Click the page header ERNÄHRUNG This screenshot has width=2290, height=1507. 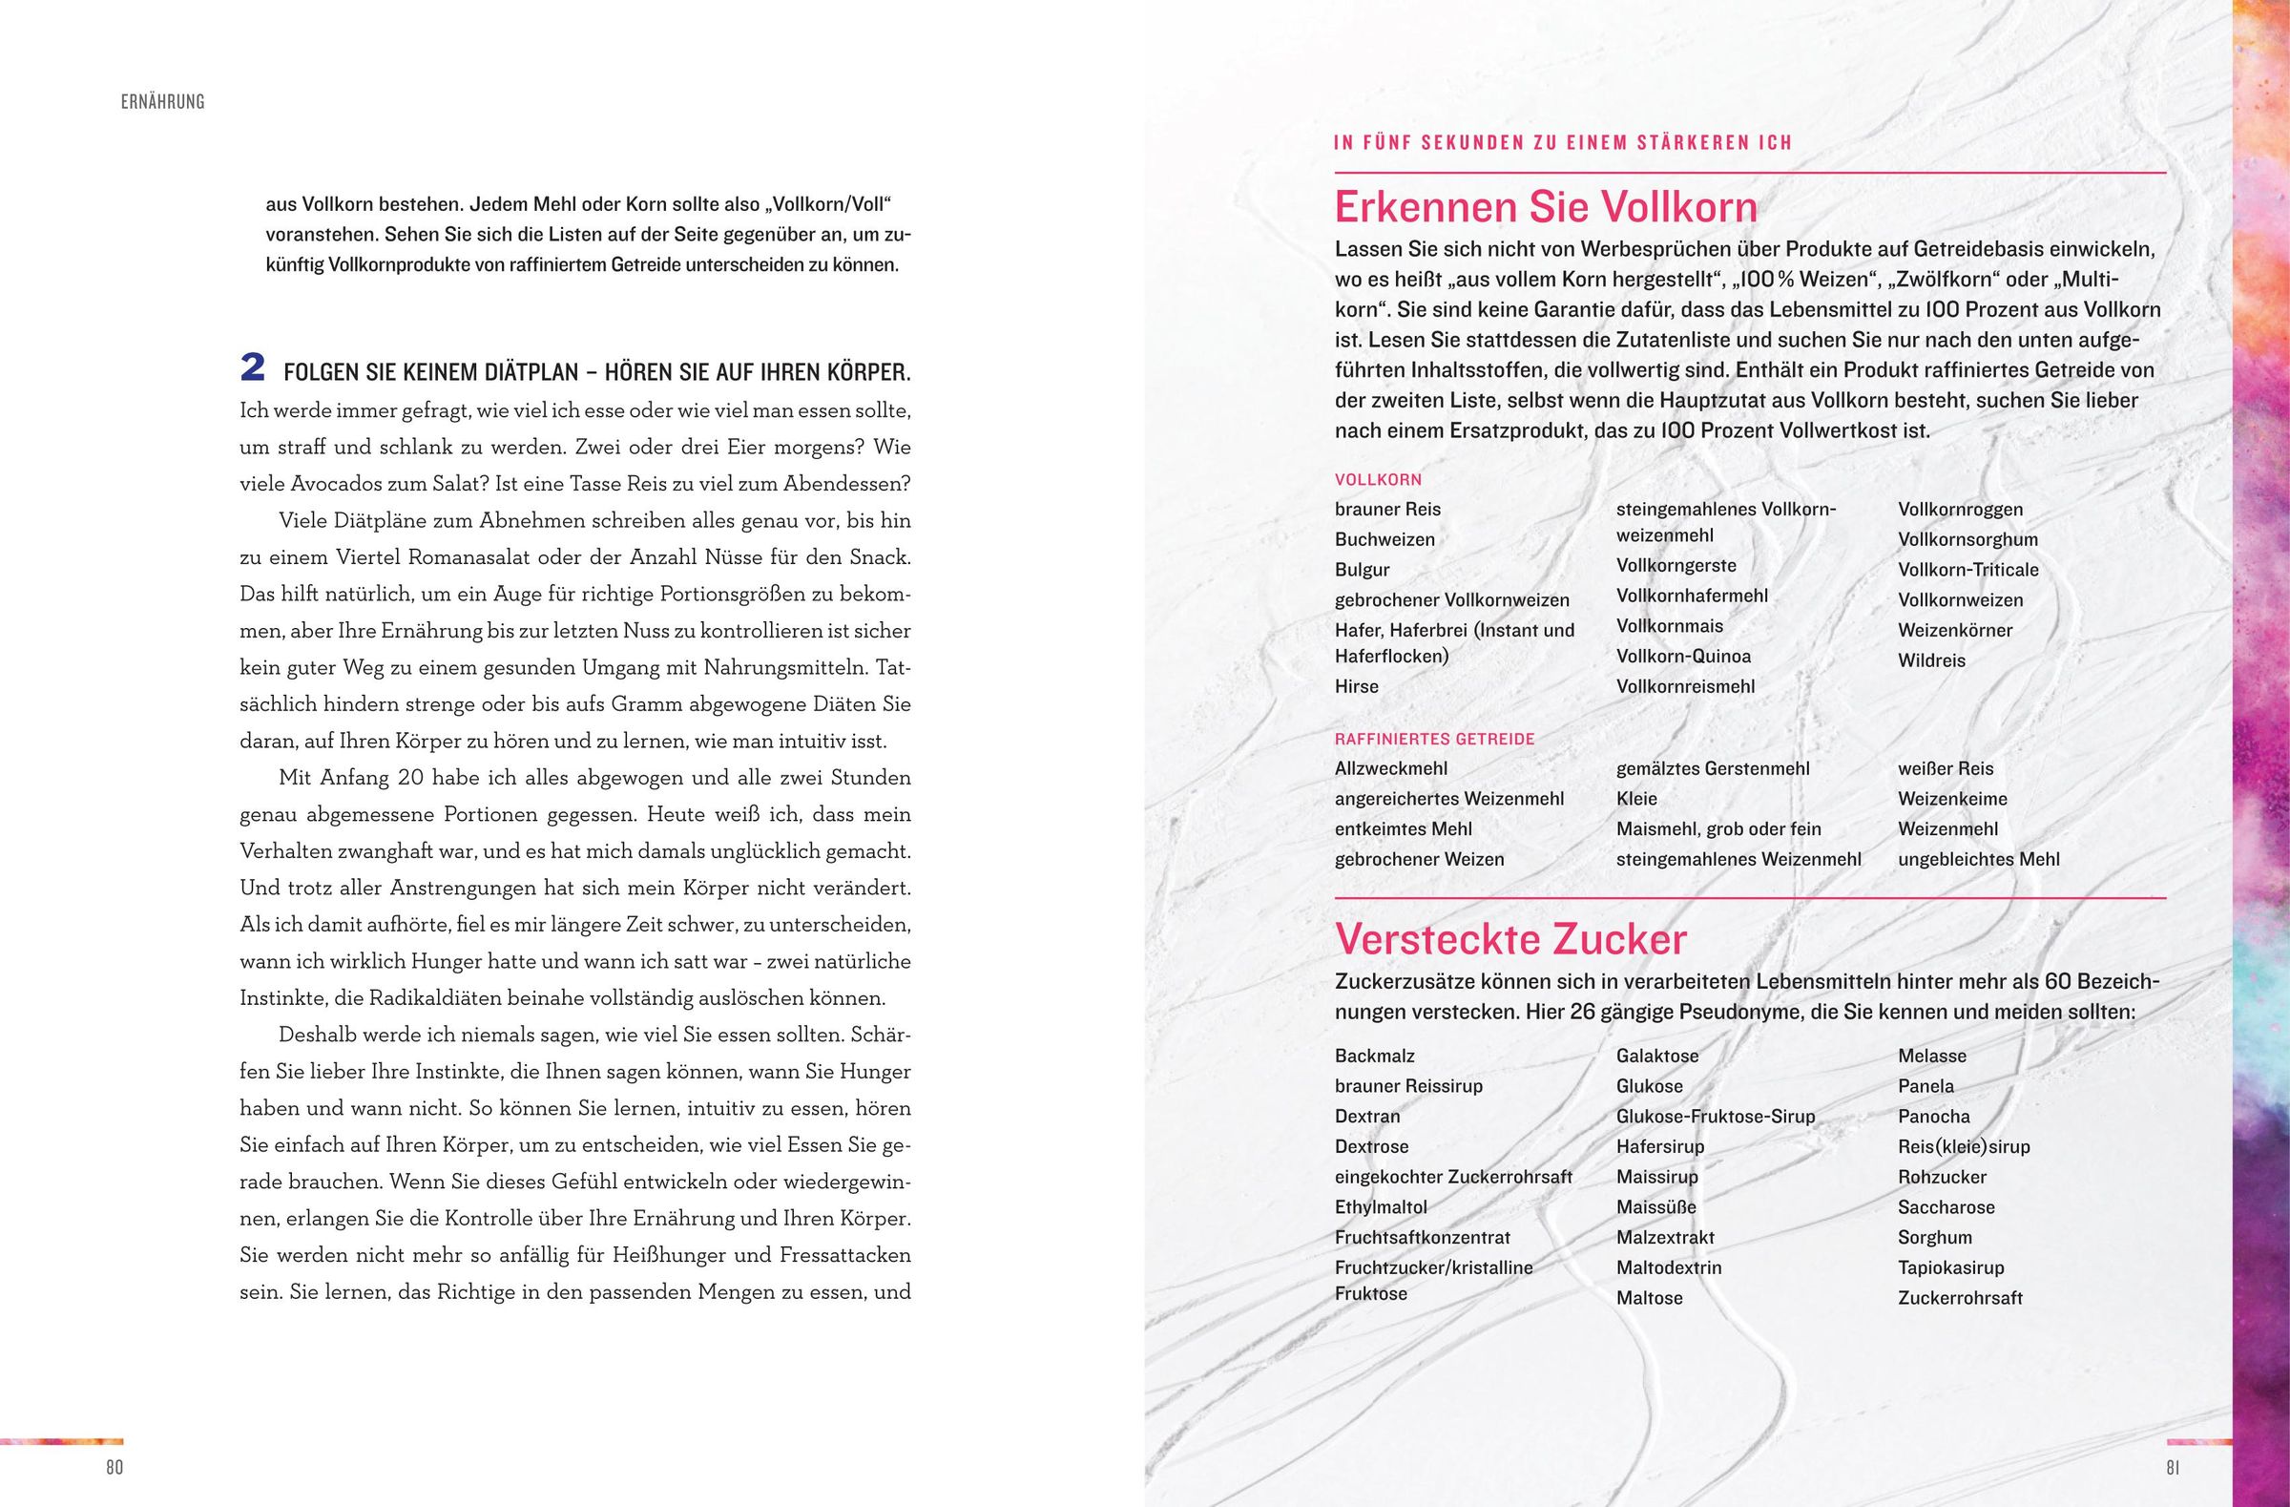point(162,102)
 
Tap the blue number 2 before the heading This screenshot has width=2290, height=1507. point(252,366)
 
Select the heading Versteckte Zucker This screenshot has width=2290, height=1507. point(1510,940)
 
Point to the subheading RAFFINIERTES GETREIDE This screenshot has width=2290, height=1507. point(1435,739)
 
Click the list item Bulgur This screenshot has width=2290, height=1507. point(1362,570)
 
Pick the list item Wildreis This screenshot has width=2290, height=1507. point(1931,660)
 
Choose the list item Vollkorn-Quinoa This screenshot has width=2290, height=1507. point(1683,657)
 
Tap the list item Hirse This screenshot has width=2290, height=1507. point(1357,686)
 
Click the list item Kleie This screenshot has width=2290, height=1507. point(1636,799)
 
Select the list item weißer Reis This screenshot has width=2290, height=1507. point(1946,769)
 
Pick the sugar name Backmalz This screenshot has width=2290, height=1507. point(1375,1056)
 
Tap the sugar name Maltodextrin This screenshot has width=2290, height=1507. point(1669,1267)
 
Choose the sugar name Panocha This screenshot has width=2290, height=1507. point(1933,1117)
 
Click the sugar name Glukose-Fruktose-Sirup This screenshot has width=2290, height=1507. point(1716,1117)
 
